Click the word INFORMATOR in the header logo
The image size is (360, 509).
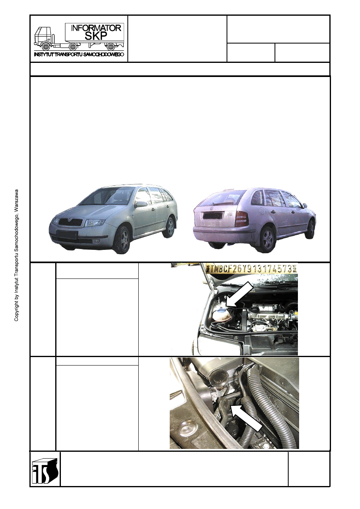point(96,28)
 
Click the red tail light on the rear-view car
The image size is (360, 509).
point(241,218)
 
